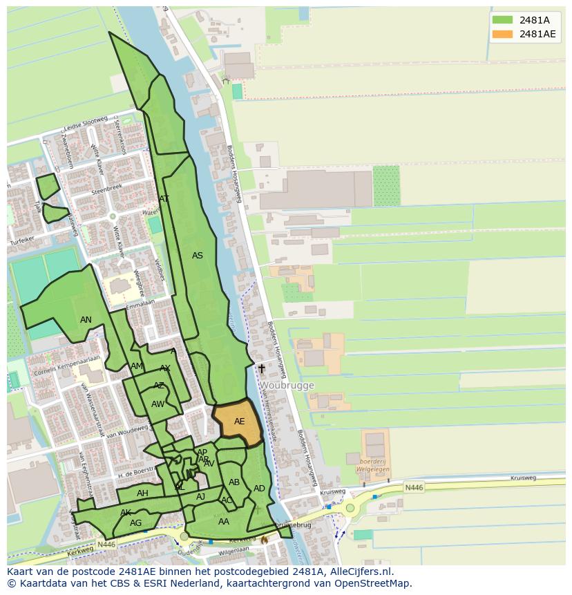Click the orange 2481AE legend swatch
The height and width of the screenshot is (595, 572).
(x=502, y=34)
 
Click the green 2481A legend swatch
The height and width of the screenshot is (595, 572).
(x=502, y=20)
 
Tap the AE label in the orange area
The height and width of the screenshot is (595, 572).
(x=239, y=422)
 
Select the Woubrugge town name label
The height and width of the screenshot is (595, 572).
(x=287, y=386)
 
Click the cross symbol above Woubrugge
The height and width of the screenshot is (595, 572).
(x=262, y=369)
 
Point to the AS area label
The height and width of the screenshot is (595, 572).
(x=198, y=256)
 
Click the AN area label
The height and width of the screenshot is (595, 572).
(x=86, y=320)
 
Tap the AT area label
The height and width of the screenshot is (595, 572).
(x=164, y=199)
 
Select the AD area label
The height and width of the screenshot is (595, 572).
(x=259, y=489)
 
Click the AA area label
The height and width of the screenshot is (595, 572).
(x=223, y=522)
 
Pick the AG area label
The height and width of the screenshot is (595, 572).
(x=135, y=523)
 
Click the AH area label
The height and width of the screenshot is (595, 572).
(x=142, y=493)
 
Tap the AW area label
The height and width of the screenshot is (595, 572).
(x=158, y=404)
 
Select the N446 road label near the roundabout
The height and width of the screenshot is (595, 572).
(x=414, y=487)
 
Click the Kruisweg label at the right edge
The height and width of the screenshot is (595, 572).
(x=523, y=478)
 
